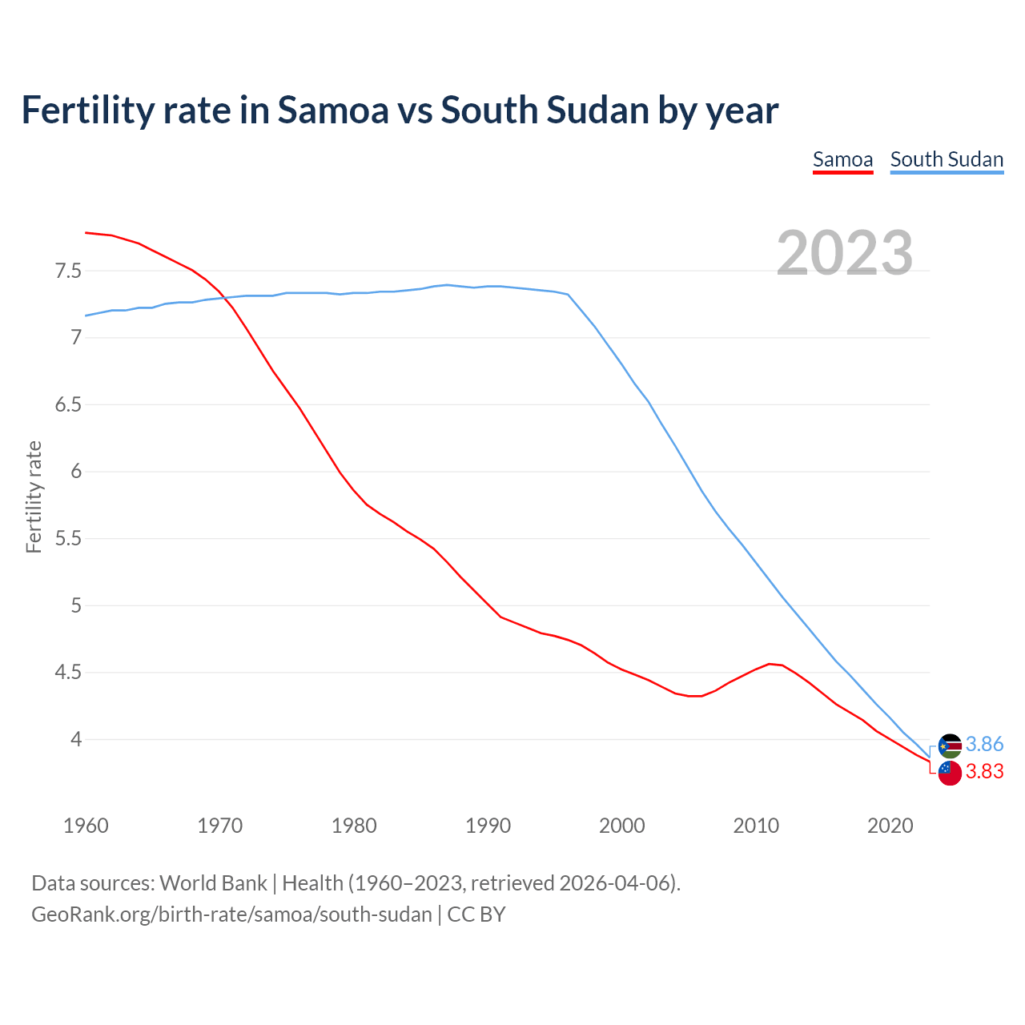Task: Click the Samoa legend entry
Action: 842,159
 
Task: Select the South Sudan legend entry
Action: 947,159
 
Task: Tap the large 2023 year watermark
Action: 845,253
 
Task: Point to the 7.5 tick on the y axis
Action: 69,271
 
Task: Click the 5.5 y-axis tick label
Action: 69,538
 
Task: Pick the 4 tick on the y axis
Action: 76,739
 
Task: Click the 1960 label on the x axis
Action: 86,826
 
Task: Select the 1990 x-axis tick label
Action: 488,826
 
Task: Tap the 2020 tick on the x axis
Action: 890,826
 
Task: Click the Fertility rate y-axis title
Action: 34,496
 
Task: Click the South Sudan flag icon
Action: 950,746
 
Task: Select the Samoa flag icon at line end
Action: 950,773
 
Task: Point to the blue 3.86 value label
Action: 984,745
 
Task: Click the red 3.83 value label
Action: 984,772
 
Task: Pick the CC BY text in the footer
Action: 476,914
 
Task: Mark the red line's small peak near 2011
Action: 770,664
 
